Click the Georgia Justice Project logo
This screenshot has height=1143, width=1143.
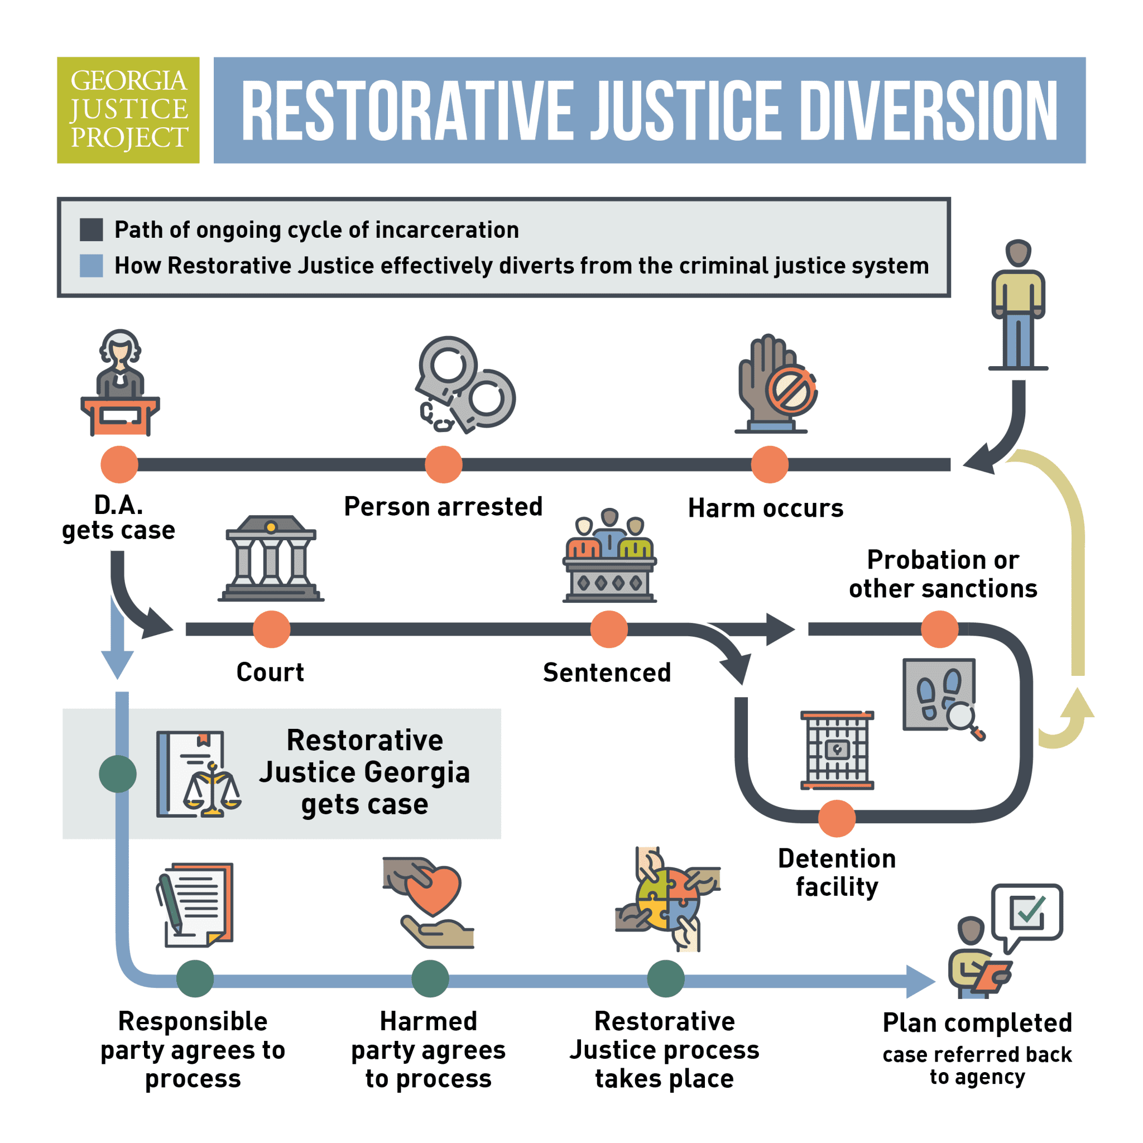tap(128, 110)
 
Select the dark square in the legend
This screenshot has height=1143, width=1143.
tap(91, 229)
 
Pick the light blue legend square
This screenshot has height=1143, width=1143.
tap(91, 266)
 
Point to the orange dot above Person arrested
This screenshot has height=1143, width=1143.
tap(444, 464)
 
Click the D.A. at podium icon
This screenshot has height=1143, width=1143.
tap(120, 383)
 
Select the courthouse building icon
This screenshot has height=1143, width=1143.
tap(271, 559)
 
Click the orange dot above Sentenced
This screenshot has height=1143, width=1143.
tap(609, 630)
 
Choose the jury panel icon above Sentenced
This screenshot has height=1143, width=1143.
tap(609, 556)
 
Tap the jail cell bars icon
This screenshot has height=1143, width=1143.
tap(837, 750)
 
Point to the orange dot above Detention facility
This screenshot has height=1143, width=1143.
tap(837, 819)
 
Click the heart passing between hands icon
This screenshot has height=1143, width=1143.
tap(430, 902)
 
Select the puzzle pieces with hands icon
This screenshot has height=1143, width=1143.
tap(667, 899)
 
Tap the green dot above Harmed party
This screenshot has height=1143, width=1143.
tap(430, 979)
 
